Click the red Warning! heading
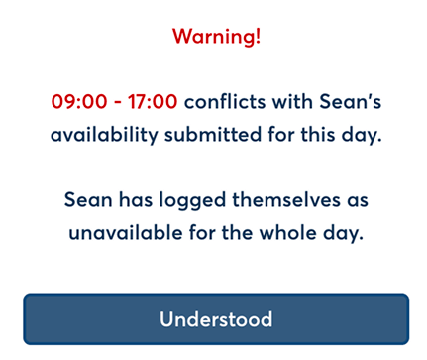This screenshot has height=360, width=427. [x=216, y=36]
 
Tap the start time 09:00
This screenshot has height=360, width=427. [x=79, y=101]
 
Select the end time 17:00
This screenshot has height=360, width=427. [x=153, y=101]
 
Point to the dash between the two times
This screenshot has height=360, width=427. [x=118, y=102]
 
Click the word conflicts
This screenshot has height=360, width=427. [x=225, y=101]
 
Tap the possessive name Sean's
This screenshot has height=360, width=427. [x=351, y=101]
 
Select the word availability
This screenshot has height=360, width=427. [x=104, y=135]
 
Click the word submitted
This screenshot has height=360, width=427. [x=213, y=134]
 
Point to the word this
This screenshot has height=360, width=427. [x=317, y=134]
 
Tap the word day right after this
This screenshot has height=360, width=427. [x=362, y=135]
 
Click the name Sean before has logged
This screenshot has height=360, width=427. [x=88, y=200]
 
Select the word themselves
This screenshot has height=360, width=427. [x=286, y=199]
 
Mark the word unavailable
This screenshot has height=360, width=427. [x=126, y=232]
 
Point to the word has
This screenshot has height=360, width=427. [x=136, y=199]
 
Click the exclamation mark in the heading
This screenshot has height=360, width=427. [x=258, y=36]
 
